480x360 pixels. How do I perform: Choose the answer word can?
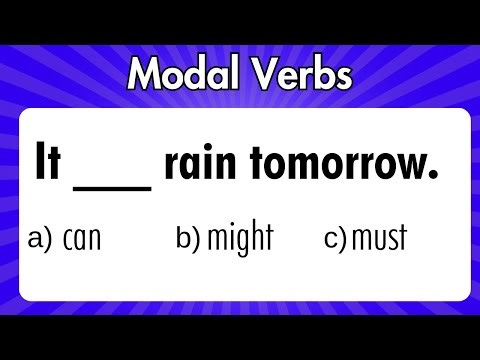(x=82, y=241)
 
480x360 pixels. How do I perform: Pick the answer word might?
(x=240, y=240)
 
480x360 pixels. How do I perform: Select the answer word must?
(x=378, y=241)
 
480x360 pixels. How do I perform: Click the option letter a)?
(x=40, y=240)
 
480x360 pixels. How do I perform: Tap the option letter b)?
(x=190, y=240)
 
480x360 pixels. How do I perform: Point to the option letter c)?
(x=335, y=240)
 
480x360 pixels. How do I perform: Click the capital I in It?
(x=41, y=164)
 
